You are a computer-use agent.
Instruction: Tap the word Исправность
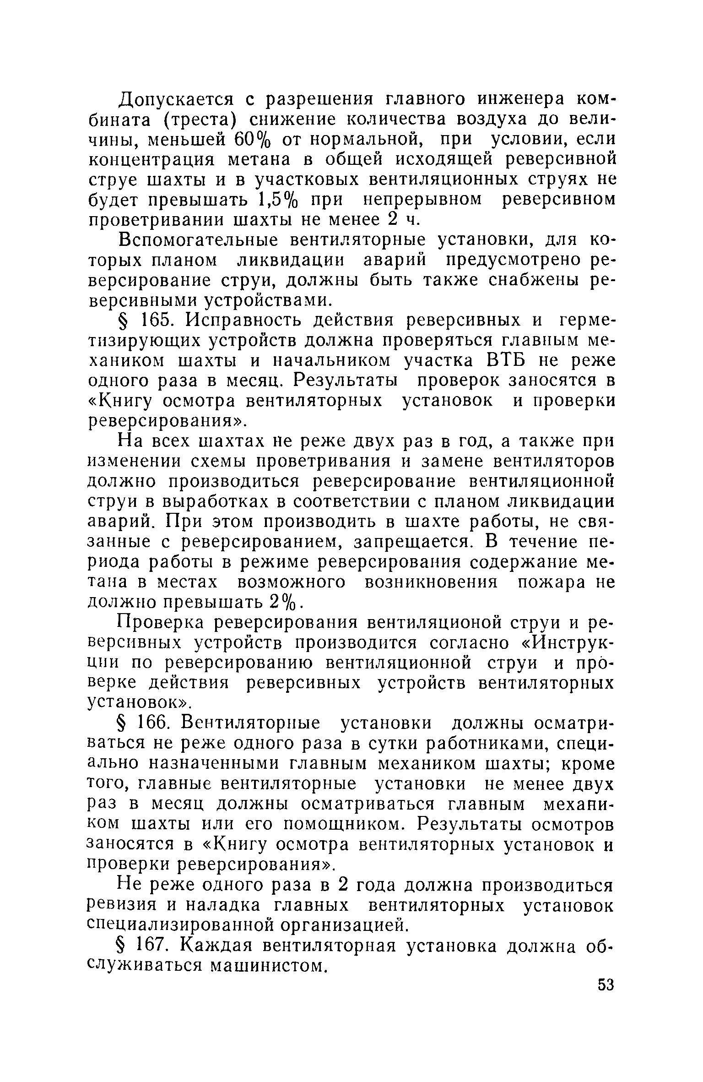tap(244, 321)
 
